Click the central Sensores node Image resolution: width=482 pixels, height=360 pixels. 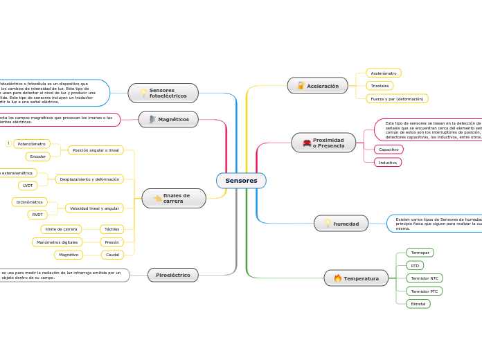point(241,181)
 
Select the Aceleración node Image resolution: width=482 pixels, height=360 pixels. point(318,86)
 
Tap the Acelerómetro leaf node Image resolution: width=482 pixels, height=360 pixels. point(384,73)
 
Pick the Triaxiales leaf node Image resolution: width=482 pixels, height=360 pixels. point(380,86)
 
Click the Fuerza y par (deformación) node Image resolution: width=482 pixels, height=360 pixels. point(397,99)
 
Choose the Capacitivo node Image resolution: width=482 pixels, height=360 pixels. point(389,150)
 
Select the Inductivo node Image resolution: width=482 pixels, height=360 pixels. point(388,163)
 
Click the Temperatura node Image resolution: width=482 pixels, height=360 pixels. point(356,278)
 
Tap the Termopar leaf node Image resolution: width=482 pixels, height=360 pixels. point(420,253)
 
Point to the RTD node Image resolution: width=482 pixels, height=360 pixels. point(415,265)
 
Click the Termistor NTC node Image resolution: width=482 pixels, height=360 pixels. point(425,278)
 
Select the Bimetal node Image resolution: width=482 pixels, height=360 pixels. point(418,304)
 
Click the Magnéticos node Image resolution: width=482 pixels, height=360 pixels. point(168,119)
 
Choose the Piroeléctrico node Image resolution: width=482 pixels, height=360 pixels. point(173,275)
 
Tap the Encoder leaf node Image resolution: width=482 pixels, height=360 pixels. point(38,156)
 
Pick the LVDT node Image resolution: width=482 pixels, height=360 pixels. point(28,186)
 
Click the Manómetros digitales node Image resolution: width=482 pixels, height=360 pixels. point(57,242)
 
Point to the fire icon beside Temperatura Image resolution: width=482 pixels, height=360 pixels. point(337,278)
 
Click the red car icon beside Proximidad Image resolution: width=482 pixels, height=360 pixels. point(306,143)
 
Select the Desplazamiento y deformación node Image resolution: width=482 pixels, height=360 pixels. point(89,179)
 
